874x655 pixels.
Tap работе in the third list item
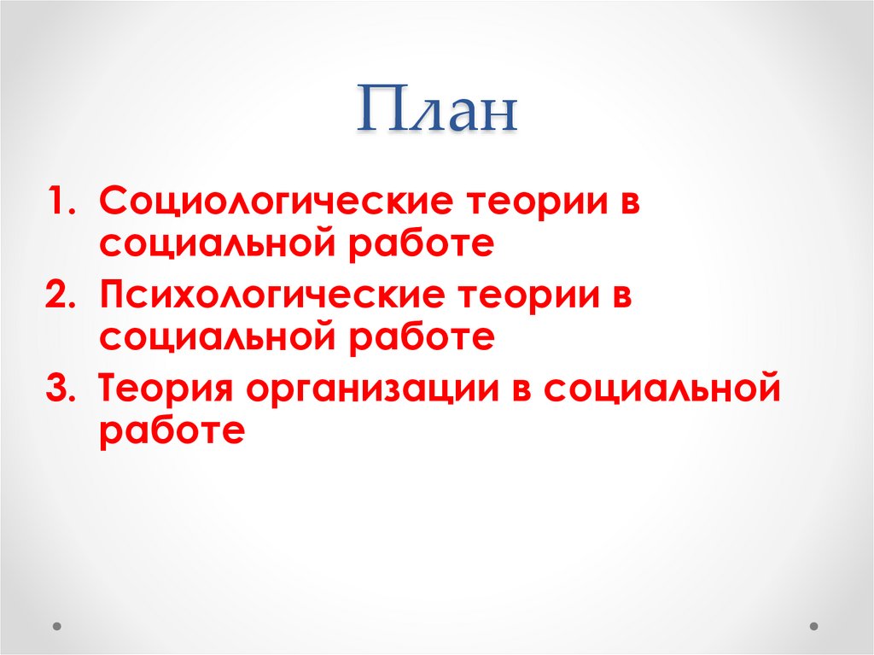pyautogui.click(x=172, y=430)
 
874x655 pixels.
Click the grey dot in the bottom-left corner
pyautogui.click(x=57, y=626)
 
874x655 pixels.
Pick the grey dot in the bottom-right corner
pyautogui.click(x=814, y=626)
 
